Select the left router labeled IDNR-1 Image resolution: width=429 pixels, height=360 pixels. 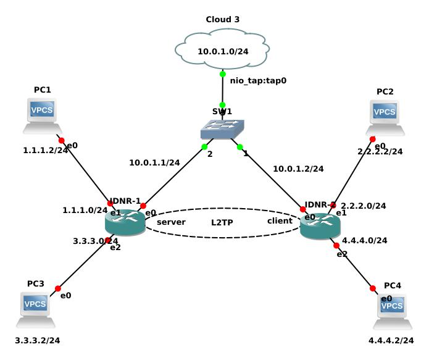coord(126,222)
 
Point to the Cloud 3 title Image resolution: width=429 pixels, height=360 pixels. coord(223,20)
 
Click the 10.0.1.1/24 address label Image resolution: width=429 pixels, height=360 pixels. coord(154,163)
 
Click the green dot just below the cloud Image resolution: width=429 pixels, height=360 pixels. coord(223,74)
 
